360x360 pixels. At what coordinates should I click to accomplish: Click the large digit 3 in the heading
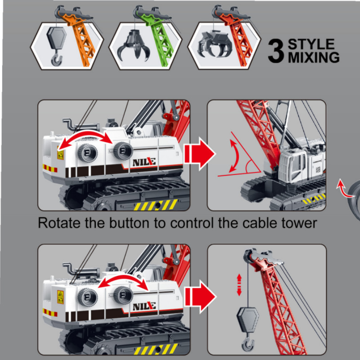(x=276, y=51)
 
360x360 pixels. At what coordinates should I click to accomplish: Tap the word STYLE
(x=311, y=44)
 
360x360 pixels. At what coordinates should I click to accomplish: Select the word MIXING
(x=314, y=57)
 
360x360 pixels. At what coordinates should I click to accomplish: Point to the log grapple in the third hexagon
(x=215, y=44)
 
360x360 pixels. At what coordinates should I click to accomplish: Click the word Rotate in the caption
(x=59, y=223)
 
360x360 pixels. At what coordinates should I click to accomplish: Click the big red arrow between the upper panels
(x=199, y=153)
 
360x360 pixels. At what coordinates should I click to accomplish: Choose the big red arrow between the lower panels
(x=200, y=297)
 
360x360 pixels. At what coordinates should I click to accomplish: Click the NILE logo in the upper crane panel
(x=144, y=162)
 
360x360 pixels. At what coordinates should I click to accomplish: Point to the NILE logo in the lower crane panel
(x=144, y=306)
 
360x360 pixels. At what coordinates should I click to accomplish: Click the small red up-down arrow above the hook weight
(x=239, y=285)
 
